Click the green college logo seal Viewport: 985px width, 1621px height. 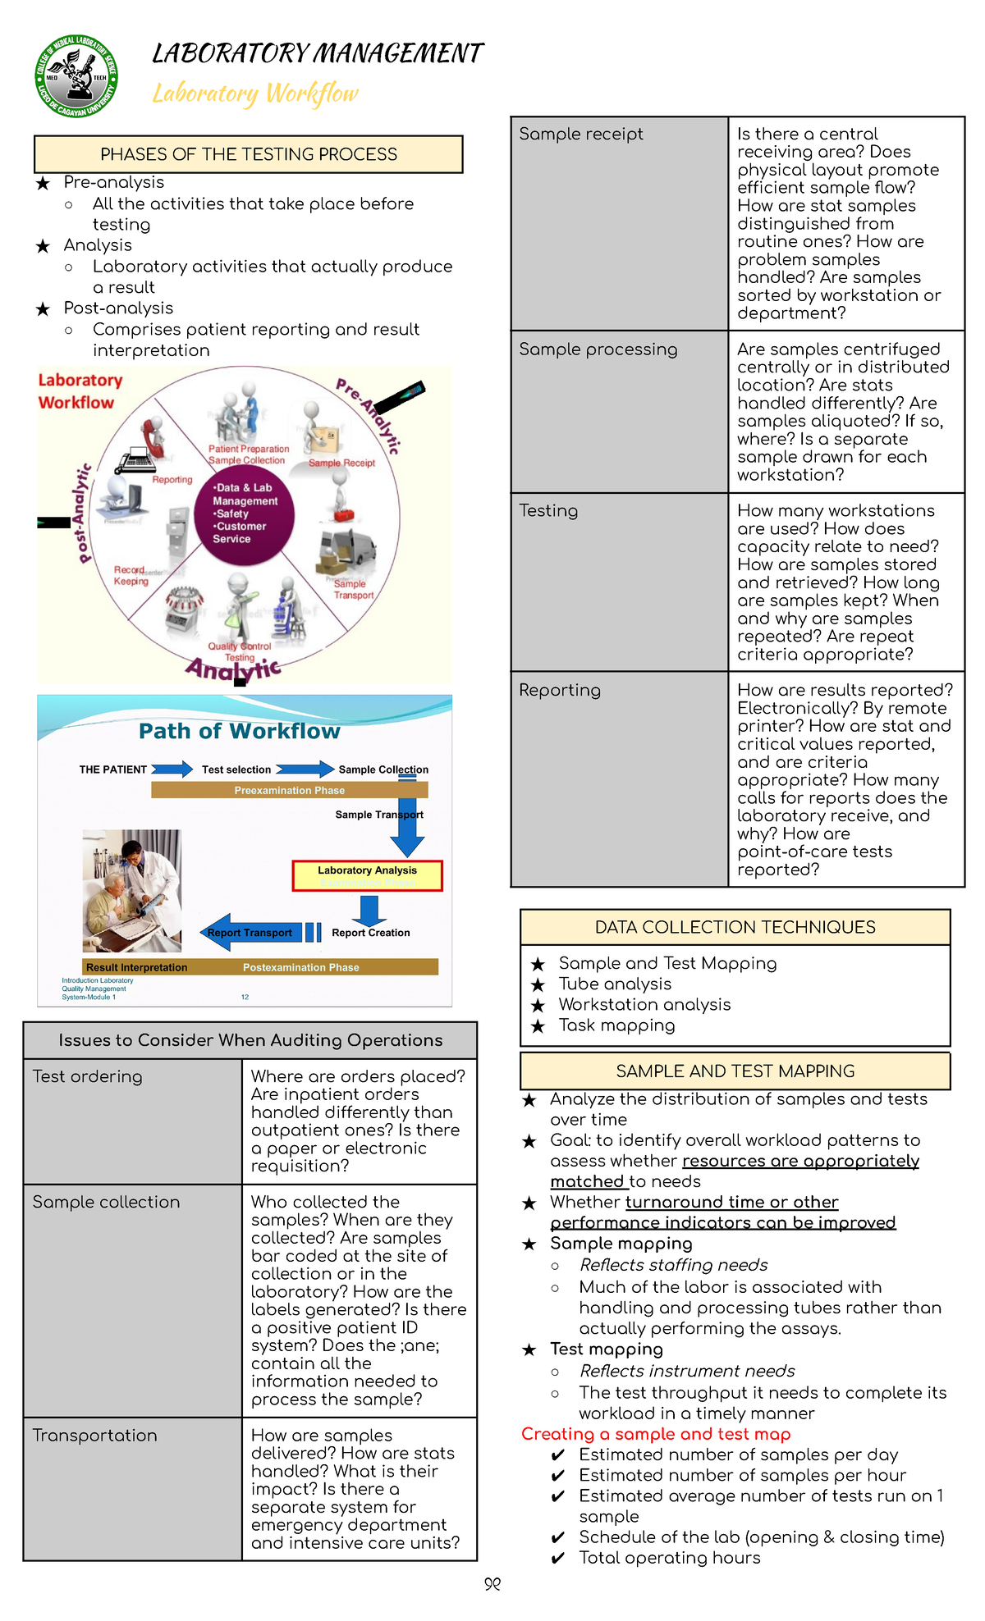coord(76,76)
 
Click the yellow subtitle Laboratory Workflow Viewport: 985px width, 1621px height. coord(255,94)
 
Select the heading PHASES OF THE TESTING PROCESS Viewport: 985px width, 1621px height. coord(248,154)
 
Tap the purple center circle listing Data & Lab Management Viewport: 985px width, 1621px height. coord(244,514)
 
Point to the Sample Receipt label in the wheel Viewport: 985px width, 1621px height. coord(341,463)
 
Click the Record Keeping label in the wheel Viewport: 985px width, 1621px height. coord(131,575)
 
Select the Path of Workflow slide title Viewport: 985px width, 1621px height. coord(239,731)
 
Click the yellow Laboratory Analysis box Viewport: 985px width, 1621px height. coord(367,875)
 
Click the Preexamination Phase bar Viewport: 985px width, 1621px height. coord(289,790)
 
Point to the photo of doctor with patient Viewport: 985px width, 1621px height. coord(132,890)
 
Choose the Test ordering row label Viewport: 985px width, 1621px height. coord(87,1076)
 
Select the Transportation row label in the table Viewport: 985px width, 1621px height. coord(94,1436)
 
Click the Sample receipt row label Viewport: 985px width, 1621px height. coord(580,134)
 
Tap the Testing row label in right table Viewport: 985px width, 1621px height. coord(548,510)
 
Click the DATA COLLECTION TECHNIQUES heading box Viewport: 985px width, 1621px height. coord(735,927)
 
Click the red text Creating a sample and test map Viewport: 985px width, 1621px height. coord(656,1434)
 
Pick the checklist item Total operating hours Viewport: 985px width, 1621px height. coord(669,1558)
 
